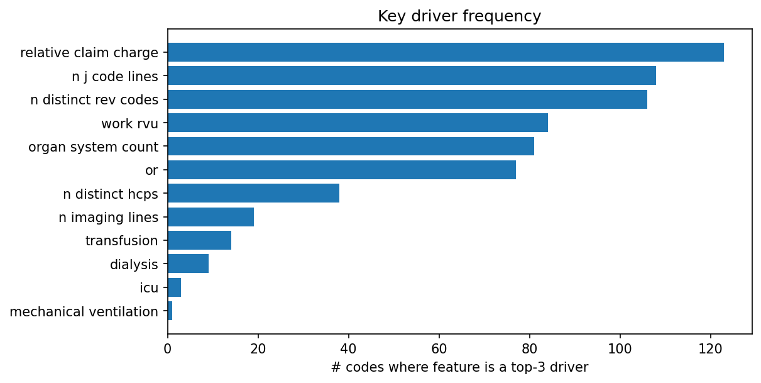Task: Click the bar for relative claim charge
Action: click(446, 52)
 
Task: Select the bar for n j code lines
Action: click(412, 75)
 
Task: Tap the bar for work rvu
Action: click(358, 123)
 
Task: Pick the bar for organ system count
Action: click(351, 146)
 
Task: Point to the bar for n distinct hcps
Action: click(253, 193)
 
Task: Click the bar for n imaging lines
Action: click(211, 217)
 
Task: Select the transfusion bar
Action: click(199, 240)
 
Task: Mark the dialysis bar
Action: click(188, 264)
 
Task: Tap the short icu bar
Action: click(174, 287)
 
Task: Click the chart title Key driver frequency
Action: click(459, 16)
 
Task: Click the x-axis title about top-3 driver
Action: click(459, 367)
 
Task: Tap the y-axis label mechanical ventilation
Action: click(84, 311)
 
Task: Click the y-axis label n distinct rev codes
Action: click(94, 99)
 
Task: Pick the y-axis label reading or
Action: click(151, 170)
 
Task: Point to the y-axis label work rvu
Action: click(129, 123)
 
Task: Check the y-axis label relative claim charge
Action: click(89, 53)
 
